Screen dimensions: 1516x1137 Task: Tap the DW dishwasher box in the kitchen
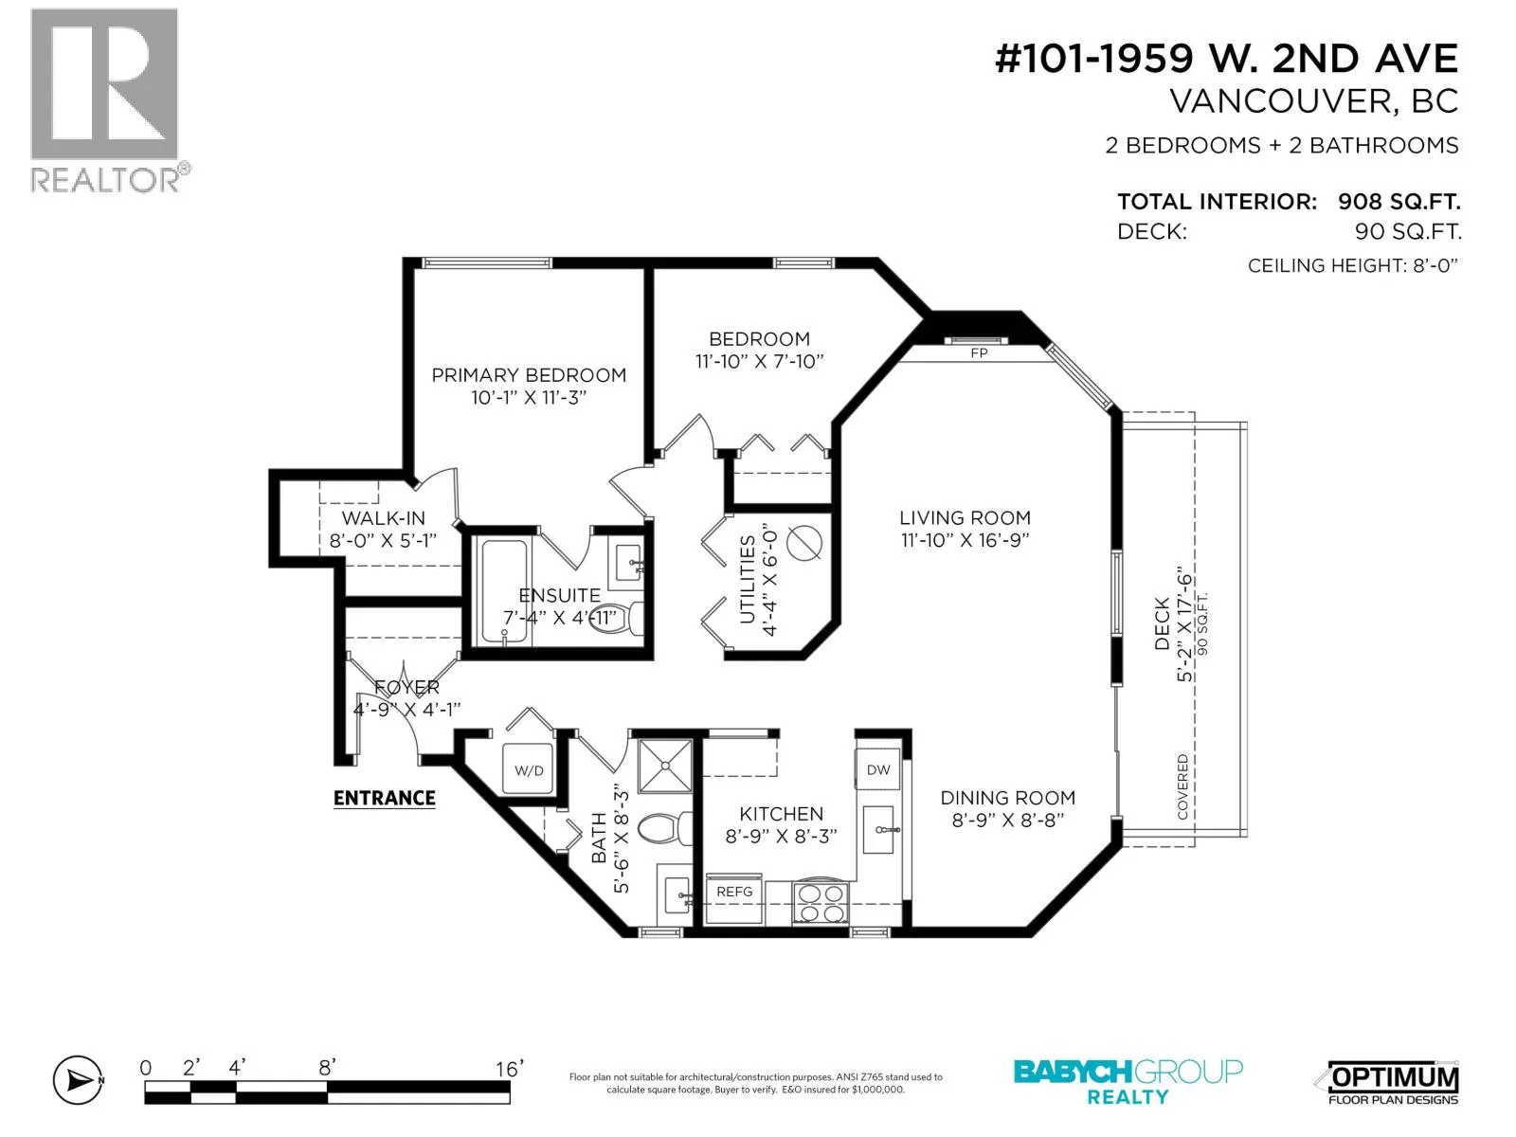[x=877, y=768]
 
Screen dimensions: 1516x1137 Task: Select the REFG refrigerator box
[x=733, y=899]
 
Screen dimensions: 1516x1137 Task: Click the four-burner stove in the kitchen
[x=820, y=903]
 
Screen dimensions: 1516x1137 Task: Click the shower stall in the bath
[x=664, y=765]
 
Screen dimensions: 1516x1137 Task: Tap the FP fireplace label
[x=979, y=353]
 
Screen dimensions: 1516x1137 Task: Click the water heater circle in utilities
[x=803, y=543]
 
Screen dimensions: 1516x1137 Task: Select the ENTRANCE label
[x=384, y=798]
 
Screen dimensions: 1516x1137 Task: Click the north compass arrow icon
[x=78, y=1080]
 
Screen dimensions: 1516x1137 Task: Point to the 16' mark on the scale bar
[x=510, y=1070]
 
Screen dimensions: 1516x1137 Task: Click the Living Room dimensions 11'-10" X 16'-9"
[x=965, y=540]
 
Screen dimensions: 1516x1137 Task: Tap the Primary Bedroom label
[x=529, y=375]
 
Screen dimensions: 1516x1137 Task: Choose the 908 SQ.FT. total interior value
[x=1399, y=202]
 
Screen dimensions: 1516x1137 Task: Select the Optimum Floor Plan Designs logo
[x=1392, y=1083]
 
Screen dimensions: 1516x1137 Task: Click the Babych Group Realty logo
[x=1128, y=1082]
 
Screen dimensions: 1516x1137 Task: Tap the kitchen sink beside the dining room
[x=877, y=829]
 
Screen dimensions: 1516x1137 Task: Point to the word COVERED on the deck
[x=1182, y=787]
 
